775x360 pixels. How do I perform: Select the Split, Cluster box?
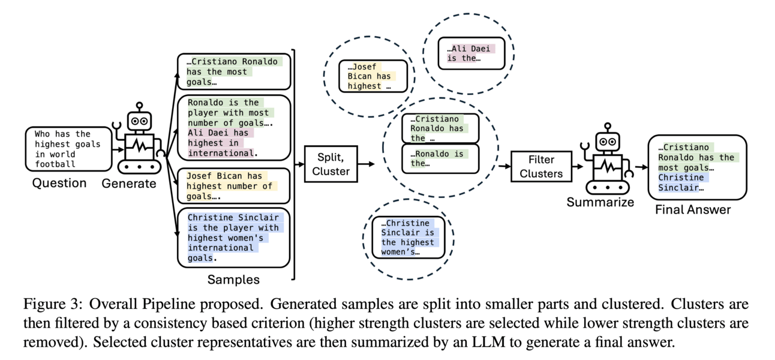(331, 164)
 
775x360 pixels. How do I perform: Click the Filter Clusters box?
(541, 166)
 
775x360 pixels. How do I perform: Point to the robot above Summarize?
(604, 160)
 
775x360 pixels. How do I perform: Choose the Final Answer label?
(693, 210)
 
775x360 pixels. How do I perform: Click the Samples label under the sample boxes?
(233, 280)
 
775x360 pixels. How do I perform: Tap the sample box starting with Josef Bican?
(233, 186)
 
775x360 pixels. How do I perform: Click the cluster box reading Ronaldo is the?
(440, 158)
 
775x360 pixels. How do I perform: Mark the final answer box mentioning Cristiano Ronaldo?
(697, 167)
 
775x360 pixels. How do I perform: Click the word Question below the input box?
(59, 184)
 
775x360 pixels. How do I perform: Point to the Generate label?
(129, 184)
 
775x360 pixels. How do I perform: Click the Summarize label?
(600, 202)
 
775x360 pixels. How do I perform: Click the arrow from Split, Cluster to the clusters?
(365, 164)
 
